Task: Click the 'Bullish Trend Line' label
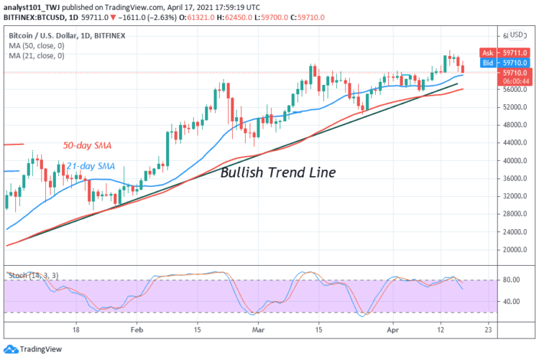pyautogui.click(x=277, y=172)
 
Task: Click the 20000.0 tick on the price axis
pyautogui.click(x=516, y=250)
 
